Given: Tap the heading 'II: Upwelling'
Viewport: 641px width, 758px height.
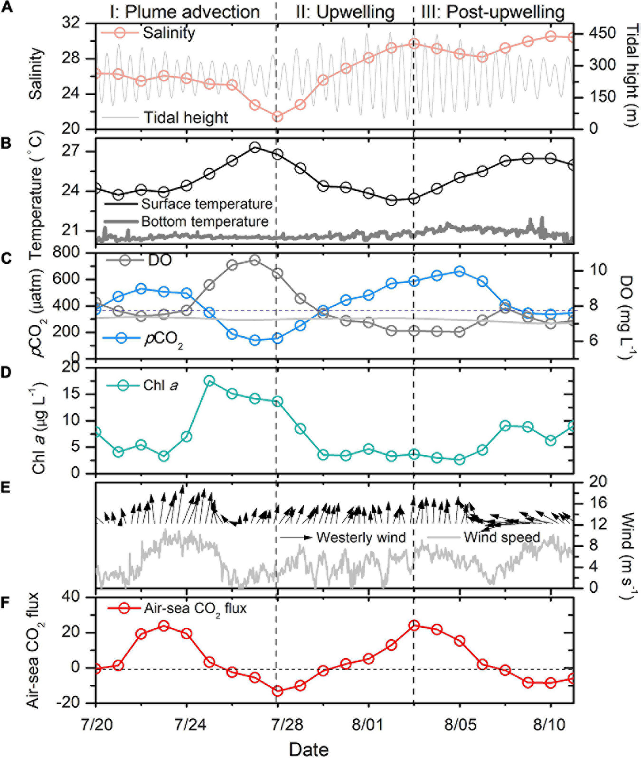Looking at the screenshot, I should [x=345, y=12].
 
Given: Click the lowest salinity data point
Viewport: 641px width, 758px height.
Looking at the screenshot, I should [x=278, y=116].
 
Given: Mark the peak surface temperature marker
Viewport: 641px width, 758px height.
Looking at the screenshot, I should [x=255, y=147].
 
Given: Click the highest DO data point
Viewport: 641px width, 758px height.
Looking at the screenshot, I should [x=255, y=260].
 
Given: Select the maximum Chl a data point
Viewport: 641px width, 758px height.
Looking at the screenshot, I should [x=209, y=380].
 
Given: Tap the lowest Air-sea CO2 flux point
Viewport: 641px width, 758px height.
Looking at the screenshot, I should [x=278, y=691].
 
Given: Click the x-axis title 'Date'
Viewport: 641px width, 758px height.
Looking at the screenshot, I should [x=309, y=749].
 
